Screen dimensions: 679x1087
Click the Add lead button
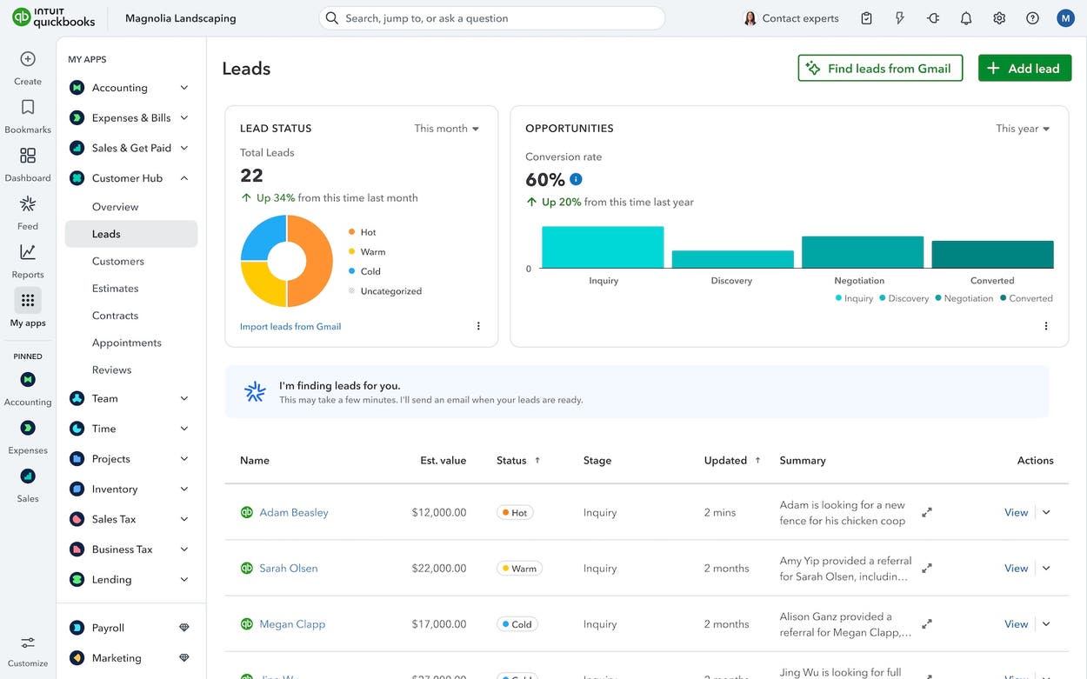pos(1024,68)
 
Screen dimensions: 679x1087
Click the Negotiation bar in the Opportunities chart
pos(862,252)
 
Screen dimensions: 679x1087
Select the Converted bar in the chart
pos(992,254)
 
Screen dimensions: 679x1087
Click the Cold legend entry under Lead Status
pos(370,271)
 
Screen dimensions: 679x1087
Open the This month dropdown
pos(447,129)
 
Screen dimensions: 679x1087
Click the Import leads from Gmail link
pos(290,327)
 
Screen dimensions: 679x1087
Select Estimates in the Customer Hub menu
pos(115,289)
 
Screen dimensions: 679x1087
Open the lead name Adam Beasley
pos(293,513)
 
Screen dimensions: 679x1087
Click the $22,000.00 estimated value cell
pos(439,569)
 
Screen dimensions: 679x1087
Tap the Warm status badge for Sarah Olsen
pos(519,569)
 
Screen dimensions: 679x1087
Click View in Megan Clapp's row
pos(1016,624)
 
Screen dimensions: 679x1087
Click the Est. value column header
pos(443,461)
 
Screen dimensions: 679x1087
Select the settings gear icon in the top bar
pos(999,18)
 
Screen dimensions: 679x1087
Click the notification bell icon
pos(966,18)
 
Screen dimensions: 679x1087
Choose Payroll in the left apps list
pos(108,628)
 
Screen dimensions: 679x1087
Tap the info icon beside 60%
pos(576,179)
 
